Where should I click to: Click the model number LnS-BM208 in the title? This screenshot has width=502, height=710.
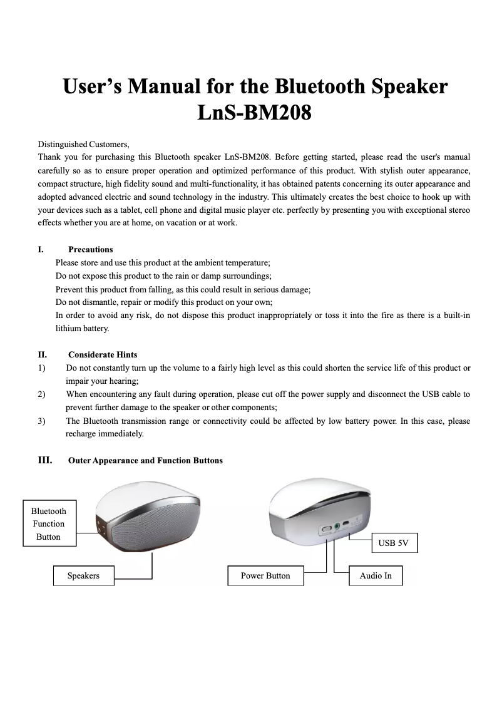(x=255, y=114)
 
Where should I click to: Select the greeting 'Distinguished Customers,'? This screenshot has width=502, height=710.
(x=83, y=144)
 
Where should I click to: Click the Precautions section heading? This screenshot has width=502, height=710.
(x=91, y=249)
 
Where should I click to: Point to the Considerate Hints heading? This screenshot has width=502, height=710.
(x=103, y=354)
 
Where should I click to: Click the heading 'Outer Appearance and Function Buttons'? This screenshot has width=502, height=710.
(x=145, y=460)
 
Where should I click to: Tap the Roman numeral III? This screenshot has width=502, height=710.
(x=45, y=460)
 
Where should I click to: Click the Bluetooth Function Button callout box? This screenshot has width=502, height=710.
(x=49, y=523)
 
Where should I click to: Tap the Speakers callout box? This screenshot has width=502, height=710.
(x=83, y=575)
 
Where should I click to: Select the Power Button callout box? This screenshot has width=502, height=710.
(x=265, y=575)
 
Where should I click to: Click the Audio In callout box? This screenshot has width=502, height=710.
(x=376, y=575)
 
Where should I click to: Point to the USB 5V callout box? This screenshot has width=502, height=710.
(x=393, y=543)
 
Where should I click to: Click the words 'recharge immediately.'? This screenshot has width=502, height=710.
(x=105, y=433)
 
